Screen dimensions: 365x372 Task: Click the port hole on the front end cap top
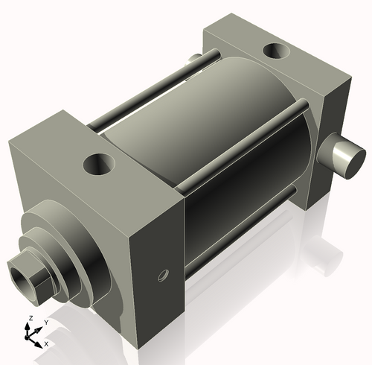tap(99, 162)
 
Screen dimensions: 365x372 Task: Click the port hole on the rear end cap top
tap(278, 51)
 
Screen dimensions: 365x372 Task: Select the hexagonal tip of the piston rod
tap(28, 273)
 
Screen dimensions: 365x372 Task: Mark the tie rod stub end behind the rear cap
tap(193, 58)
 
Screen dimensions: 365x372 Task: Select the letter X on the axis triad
tap(46, 344)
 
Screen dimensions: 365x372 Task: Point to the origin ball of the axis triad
tap(31, 336)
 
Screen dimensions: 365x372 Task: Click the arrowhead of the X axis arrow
tap(39, 343)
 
